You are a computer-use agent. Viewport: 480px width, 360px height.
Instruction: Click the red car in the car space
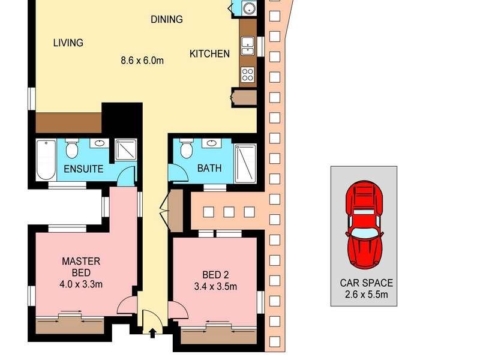[x=363, y=225]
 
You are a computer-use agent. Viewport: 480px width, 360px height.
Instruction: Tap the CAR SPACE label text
[x=364, y=283]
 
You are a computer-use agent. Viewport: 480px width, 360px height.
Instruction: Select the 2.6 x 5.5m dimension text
[x=364, y=293]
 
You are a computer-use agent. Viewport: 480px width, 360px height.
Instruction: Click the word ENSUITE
[x=83, y=169]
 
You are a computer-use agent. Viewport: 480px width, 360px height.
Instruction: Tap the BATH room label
[x=209, y=169]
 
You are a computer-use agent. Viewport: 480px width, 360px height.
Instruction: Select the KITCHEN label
[x=209, y=54]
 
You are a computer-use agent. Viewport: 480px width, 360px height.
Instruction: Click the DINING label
[x=166, y=19]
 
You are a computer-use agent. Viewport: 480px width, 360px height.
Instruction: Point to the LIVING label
[x=68, y=43]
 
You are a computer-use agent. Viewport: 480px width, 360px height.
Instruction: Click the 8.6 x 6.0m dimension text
[x=142, y=60]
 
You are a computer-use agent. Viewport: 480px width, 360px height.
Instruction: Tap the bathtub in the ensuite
[x=46, y=160]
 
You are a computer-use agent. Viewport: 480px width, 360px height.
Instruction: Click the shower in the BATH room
[x=245, y=163]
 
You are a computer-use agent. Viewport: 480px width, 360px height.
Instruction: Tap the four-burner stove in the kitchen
[x=248, y=74]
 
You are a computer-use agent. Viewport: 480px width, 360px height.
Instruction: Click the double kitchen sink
[x=248, y=45]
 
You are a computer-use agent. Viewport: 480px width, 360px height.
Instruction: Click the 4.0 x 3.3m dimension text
[x=82, y=284]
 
